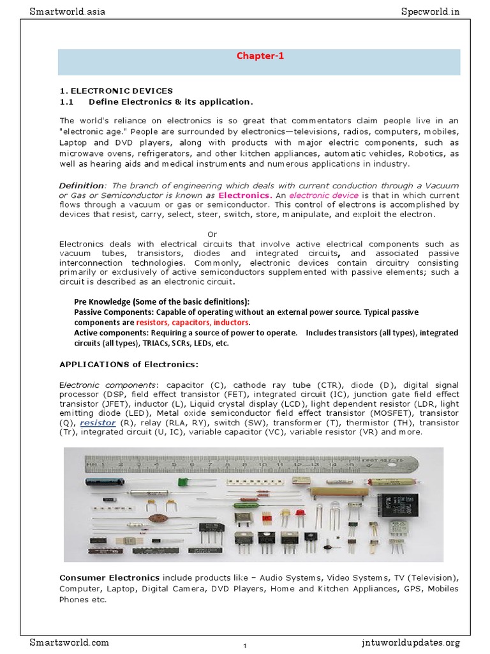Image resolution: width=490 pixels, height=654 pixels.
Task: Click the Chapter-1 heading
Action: [260, 56]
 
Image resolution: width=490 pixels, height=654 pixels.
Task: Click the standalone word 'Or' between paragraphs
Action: [213, 234]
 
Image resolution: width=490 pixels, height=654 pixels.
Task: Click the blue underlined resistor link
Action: [98, 423]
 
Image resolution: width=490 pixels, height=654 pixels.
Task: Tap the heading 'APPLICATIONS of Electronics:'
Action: [129, 364]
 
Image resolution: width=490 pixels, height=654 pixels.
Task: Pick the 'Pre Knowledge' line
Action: [161, 302]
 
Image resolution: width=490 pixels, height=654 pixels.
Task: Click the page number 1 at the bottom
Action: [245, 646]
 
